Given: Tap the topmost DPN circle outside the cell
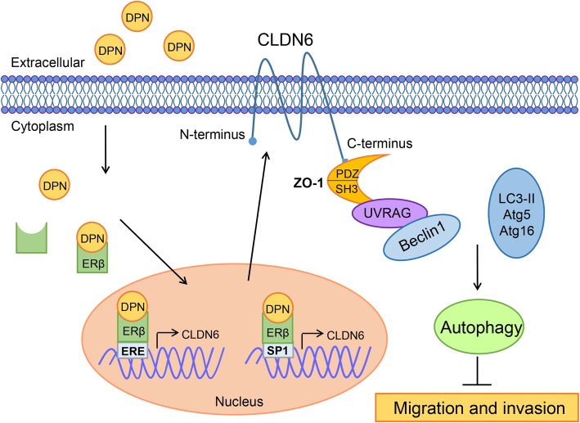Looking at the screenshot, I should click(137, 16).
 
